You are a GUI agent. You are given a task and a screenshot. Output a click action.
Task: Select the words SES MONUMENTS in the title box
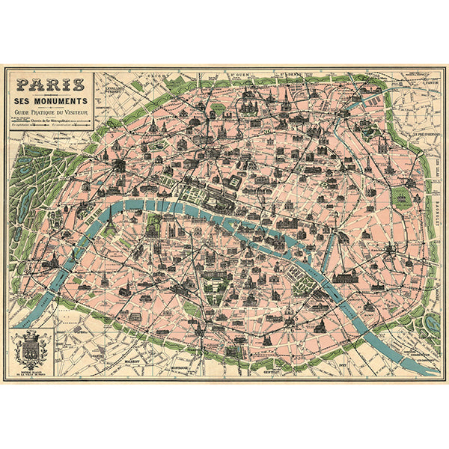(49, 100)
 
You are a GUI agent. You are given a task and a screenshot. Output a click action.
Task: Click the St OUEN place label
(239, 75)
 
